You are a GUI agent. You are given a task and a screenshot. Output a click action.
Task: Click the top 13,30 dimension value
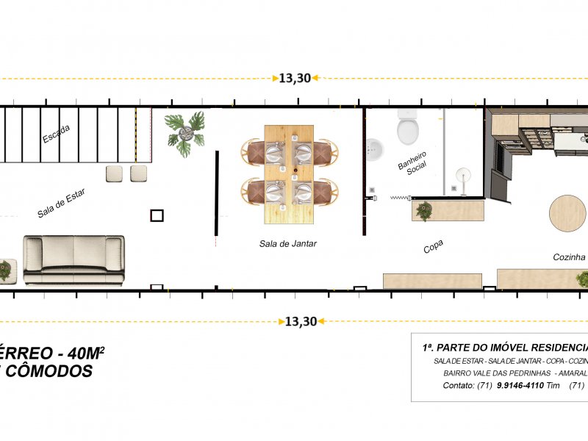[x=295, y=79]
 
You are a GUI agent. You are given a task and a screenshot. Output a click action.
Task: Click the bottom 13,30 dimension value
[x=300, y=321]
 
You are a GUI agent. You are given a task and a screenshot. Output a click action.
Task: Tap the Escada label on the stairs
[x=57, y=134]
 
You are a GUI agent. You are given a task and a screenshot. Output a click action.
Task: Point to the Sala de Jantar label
[x=287, y=243]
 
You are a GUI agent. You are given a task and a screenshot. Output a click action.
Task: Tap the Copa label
[x=433, y=247]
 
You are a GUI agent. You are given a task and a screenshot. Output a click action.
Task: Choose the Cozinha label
[x=568, y=257]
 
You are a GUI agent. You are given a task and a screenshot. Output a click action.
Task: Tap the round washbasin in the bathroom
[x=374, y=149]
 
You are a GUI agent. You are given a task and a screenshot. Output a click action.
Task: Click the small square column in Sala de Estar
[x=157, y=215]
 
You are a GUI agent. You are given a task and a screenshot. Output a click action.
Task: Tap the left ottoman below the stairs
[x=115, y=173]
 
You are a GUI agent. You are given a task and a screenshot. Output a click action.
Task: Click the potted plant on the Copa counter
[x=424, y=211]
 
